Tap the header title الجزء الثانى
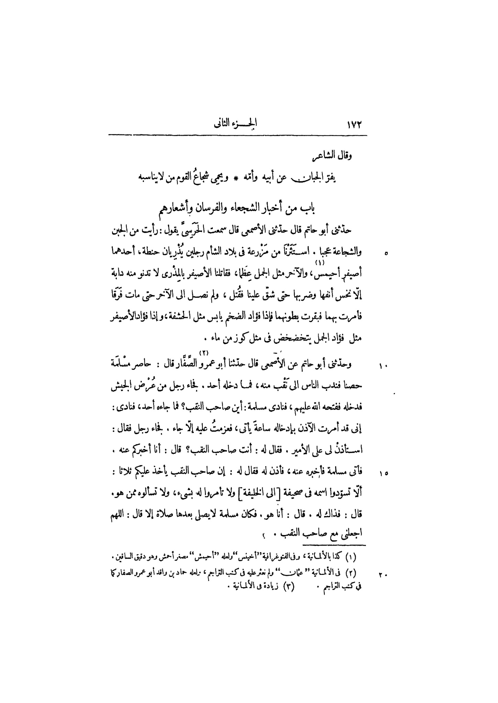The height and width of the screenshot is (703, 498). [236, 124]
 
